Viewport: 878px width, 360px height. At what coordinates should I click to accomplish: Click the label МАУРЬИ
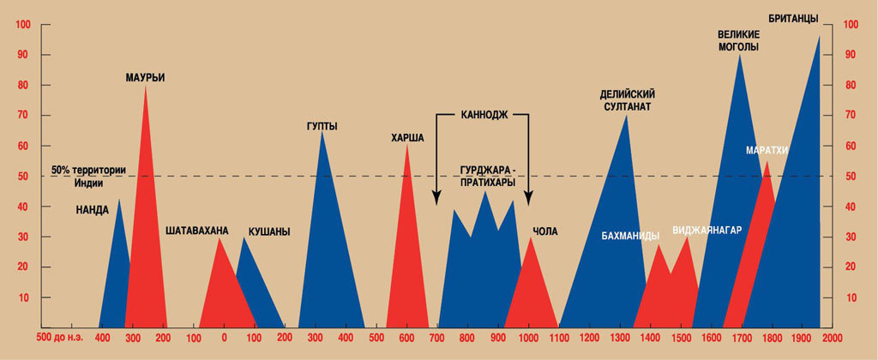pyautogui.click(x=145, y=77)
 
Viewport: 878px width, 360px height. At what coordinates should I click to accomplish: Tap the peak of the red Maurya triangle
pyautogui.click(x=145, y=86)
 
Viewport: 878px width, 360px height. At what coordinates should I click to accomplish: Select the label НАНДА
pyautogui.click(x=92, y=209)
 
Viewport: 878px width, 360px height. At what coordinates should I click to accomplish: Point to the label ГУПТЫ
pyautogui.click(x=322, y=127)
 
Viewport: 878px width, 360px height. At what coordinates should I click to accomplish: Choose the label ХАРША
pyautogui.click(x=407, y=137)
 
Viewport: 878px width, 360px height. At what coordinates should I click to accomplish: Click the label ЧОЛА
pyautogui.click(x=544, y=231)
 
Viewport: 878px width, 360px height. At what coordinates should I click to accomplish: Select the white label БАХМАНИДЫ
pyautogui.click(x=630, y=235)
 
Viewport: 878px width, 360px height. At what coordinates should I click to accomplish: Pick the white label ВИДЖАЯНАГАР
pyautogui.click(x=707, y=230)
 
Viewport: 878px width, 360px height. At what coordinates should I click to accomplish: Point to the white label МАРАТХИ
pyautogui.click(x=767, y=151)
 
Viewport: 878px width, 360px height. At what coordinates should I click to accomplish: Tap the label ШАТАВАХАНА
pyautogui.click(x=197, y=230)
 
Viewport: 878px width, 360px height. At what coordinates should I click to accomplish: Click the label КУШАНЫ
pyautogui.click(x=268, y=231)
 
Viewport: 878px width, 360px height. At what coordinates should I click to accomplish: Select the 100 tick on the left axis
pyautogui.click(x=22, y=25)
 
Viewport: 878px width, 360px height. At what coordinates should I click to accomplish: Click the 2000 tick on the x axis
pyautogui.click(x=831, y=339)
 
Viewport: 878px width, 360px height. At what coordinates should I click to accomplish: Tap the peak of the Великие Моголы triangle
pyautogui.click(x=740, y=55)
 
